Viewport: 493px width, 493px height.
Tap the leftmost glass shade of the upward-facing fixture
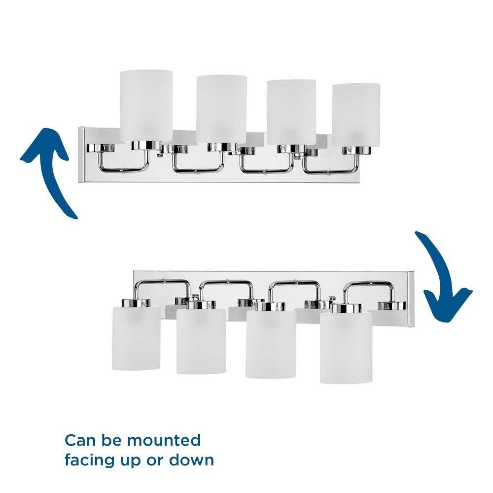pos(146,106)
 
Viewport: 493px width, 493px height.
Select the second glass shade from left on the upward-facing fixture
pos(221,109)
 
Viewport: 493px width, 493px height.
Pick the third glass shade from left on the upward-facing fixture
pos(291,112)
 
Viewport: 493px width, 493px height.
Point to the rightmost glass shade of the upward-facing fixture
pos(356,115)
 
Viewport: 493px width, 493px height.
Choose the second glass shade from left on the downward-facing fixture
pos(201,341)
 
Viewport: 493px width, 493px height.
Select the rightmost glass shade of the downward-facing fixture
pos(346,348)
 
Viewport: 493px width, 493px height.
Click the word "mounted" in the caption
pos(164,440)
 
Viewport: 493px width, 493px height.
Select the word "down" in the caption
pos(192,460)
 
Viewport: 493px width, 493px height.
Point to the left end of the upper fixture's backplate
pos(81,155)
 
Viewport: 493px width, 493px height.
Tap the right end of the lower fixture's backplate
pos(411,297)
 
